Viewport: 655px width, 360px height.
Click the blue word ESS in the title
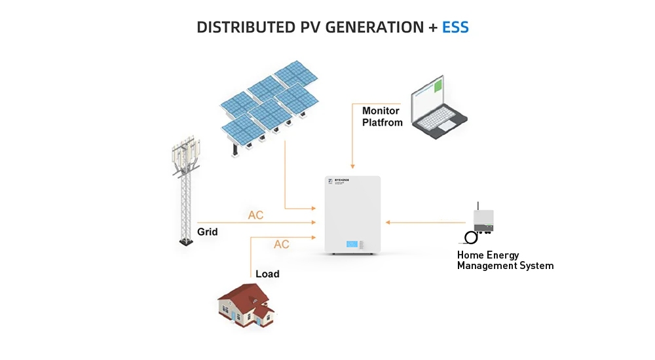[455, 27]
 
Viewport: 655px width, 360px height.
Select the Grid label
[207, 232]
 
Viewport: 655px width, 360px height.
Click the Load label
[267, 274]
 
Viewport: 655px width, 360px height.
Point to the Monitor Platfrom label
[382, 117]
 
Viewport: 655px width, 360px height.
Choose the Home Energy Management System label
[505, 261]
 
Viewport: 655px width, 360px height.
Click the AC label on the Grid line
[255, 215]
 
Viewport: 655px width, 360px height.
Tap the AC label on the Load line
[282, 245]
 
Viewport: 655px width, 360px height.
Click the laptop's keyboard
[440, 120]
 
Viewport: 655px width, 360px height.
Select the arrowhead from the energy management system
[388, 223]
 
